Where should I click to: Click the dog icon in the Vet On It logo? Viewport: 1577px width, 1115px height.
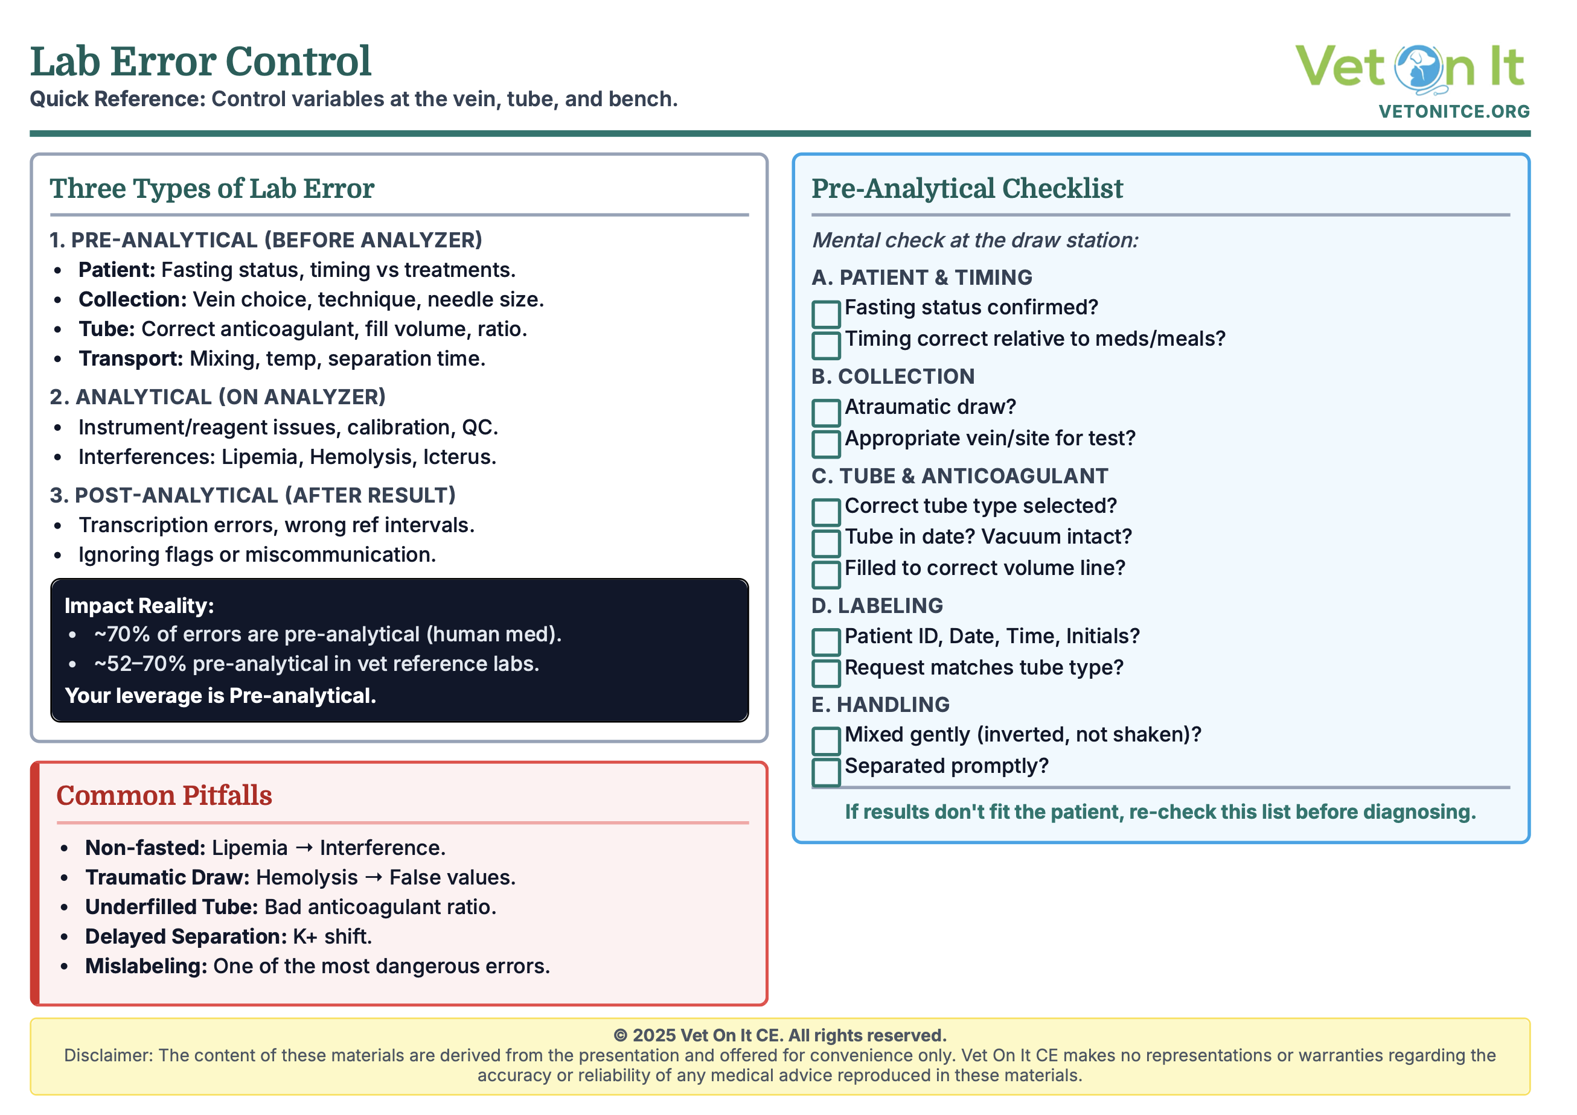click(x=1418, y=68)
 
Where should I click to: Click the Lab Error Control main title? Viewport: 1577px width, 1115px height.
click(x=200, y=62)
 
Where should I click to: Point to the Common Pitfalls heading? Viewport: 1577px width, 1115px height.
click(x=164, y=795)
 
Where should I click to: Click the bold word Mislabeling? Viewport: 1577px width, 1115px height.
click(x=146, y=966)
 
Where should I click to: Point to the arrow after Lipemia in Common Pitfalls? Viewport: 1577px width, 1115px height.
click(x=304, y=848)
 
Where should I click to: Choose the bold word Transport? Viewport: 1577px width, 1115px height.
click(x=130, y=358)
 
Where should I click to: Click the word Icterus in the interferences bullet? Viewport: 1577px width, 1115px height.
click(x=459, y=457)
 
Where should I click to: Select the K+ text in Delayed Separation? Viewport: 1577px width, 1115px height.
click(x=305, y=936)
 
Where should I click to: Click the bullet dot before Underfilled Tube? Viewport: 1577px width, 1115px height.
click(x=64, y=907)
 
